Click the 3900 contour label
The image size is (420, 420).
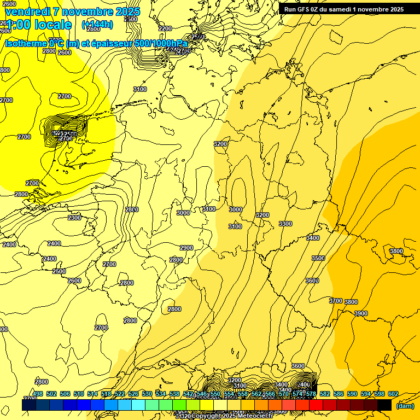tap(361, 313)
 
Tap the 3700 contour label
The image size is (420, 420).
tap(336, 301)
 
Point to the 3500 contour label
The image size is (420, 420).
tap(318, 258)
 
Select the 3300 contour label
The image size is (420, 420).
tap(285, 224)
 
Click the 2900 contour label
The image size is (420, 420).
tap(186, 248)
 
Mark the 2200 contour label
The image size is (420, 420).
tap(165, 28)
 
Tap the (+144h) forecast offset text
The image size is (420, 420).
tap(97, 24)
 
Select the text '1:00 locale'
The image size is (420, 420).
tap(38, 25)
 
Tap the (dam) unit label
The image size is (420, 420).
tap(405, 406)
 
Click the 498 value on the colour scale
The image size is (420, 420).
tap(38, 394)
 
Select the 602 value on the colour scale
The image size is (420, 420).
tap(393, 394)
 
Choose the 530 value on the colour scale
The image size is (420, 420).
tap(147, 394)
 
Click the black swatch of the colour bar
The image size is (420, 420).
tap(384, 405)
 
